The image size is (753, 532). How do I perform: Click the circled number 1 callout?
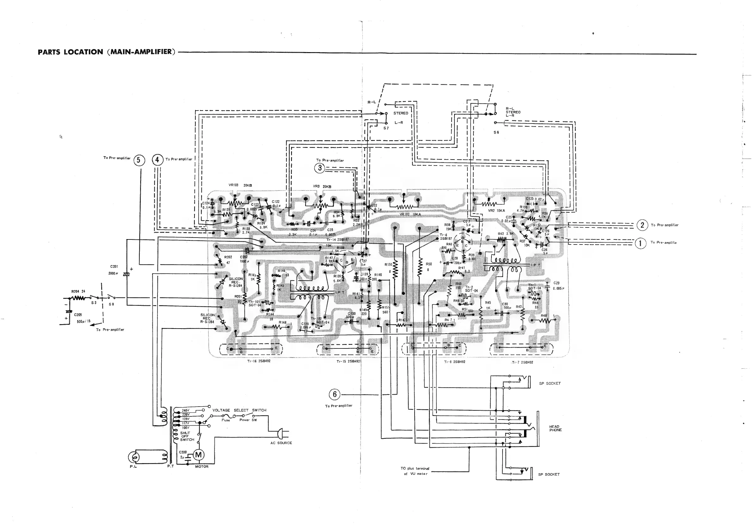640,243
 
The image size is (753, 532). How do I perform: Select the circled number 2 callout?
642,225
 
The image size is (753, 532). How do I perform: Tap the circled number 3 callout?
319,168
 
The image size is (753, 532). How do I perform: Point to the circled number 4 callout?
157,160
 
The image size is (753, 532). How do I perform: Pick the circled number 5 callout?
139,160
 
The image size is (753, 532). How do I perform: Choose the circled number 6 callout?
335,394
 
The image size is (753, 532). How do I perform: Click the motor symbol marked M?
198,455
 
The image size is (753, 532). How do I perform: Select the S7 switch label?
386,128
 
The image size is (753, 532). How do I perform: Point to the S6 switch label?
496,132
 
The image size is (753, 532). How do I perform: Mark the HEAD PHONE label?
555,428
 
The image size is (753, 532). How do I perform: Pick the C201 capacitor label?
114,267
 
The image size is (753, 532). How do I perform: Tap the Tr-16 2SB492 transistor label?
259,361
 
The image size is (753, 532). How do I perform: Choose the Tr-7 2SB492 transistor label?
522,362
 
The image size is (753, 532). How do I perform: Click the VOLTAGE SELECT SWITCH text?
239,410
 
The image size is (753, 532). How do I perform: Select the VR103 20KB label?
240,185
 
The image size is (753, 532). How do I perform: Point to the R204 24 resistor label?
78,291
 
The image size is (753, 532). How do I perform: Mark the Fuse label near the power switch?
225,420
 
